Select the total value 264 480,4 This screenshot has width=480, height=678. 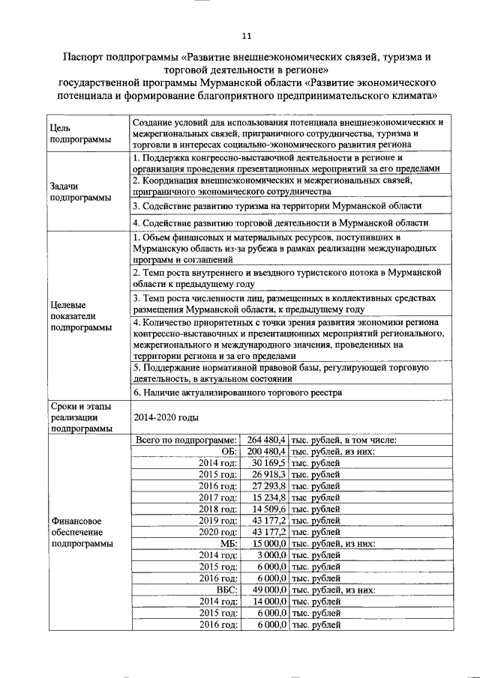click(266, 440)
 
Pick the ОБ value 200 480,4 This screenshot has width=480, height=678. click(266, 452)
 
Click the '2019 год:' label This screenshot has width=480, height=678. click(218, 520)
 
